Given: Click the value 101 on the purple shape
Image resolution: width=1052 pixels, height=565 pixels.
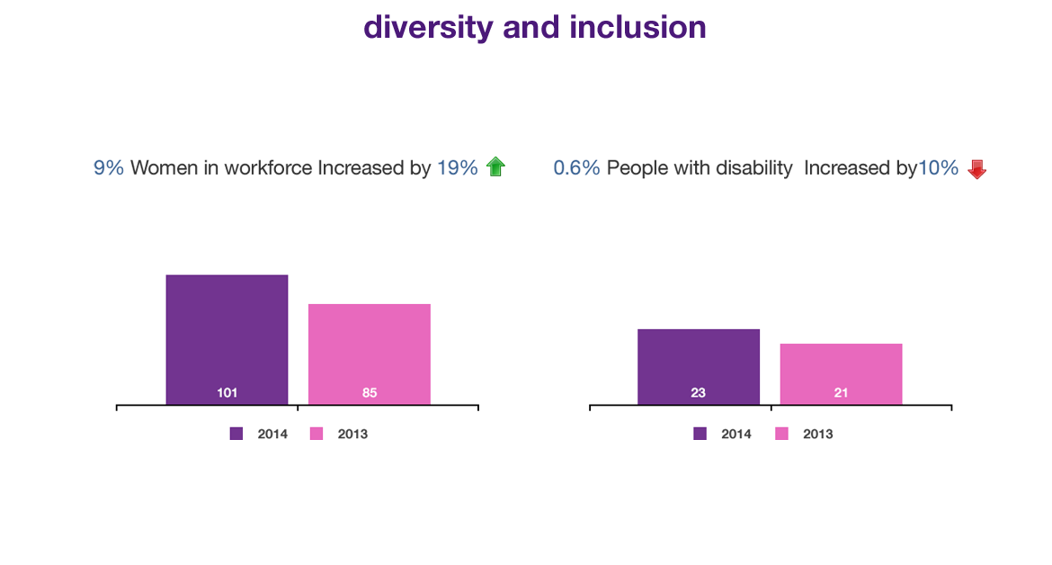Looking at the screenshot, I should [x=227, y=393].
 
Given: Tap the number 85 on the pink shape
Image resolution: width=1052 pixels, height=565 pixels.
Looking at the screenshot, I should [x=370, y=393].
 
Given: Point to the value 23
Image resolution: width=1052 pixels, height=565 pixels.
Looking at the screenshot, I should [x=698, y=393].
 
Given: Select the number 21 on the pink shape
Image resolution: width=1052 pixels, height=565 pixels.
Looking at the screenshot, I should [x=841, y=393].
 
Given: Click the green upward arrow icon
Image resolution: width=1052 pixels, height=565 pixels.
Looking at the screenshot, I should [x=495, y=166].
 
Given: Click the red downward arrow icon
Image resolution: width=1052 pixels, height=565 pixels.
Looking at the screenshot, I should [x=976, y=168].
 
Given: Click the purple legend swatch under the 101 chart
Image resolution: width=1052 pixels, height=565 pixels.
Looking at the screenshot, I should [x=229, y=429].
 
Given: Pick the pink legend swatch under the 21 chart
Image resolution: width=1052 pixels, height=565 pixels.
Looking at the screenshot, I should [x=780, y=429].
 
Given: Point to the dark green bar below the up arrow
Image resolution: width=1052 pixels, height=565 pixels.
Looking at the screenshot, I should [x=505, y=225].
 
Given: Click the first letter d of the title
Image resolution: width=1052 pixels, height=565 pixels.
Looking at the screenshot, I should [x=372, y=28].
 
